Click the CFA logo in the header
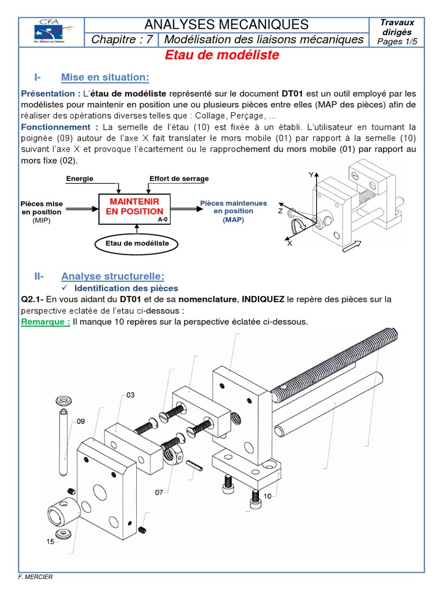pyautogui.click(x=51, y=32)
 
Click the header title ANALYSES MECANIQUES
pyautogui.click(x=226, y=24)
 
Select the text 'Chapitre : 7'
pyautogui.click(x=122, y=39)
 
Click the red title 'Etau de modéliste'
pyautogui.click(x=222, y=55)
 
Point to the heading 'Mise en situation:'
pyautogui.click(x=105, y=77)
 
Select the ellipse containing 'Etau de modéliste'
pyautogui.click(x=137, y=244)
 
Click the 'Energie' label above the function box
pyautogui.click(x=79, y=179)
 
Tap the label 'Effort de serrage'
pyautogui.click(x=179, y=179)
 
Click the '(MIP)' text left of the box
pyautogui.click(x=42, y=220)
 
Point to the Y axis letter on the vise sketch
pyautogui.click(x=310, y=174)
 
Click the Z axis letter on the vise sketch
pyautogui.click(x=280, y=211)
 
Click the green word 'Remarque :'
pyautogui.click(x=46, y=322)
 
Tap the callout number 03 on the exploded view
pyautogui.click(x=130, y=395)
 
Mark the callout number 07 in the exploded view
pyautogui.click(x=159, y=492)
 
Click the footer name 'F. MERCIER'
pyautogui.click(x=36, y=577)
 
